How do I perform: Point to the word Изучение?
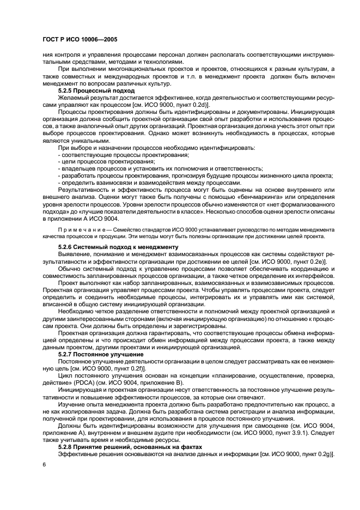(74, 405)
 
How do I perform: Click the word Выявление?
(76, 254)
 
